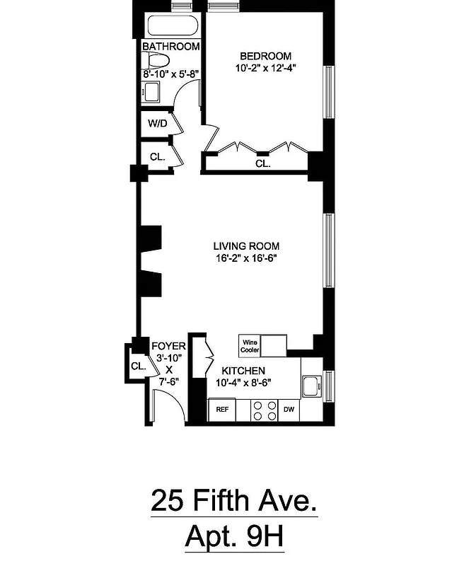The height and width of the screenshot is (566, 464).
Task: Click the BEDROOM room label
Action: coord(265,57)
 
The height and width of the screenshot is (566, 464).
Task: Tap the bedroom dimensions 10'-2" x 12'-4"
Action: coord(265,69)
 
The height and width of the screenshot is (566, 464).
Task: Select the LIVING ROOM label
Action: coord(245,246)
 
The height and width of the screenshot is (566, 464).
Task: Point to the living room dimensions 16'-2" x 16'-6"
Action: coord(245,258)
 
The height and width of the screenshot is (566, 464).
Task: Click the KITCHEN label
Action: coord(243,371)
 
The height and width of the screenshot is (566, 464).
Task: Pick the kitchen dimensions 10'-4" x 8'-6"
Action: coord(243,383)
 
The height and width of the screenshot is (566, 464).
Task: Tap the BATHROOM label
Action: coord(170,47)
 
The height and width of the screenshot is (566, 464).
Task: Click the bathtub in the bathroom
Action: coord(171,27)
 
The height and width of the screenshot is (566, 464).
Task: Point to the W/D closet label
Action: coord(156,124)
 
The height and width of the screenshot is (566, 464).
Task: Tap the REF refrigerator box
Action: coord(221,410)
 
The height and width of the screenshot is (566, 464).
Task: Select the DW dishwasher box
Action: coord(289,410)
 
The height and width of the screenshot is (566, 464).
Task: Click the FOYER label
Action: coord(169,346)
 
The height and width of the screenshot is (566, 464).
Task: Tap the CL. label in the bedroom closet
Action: coord(262,163)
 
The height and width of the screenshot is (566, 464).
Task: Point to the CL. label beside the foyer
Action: coord(138,366)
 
